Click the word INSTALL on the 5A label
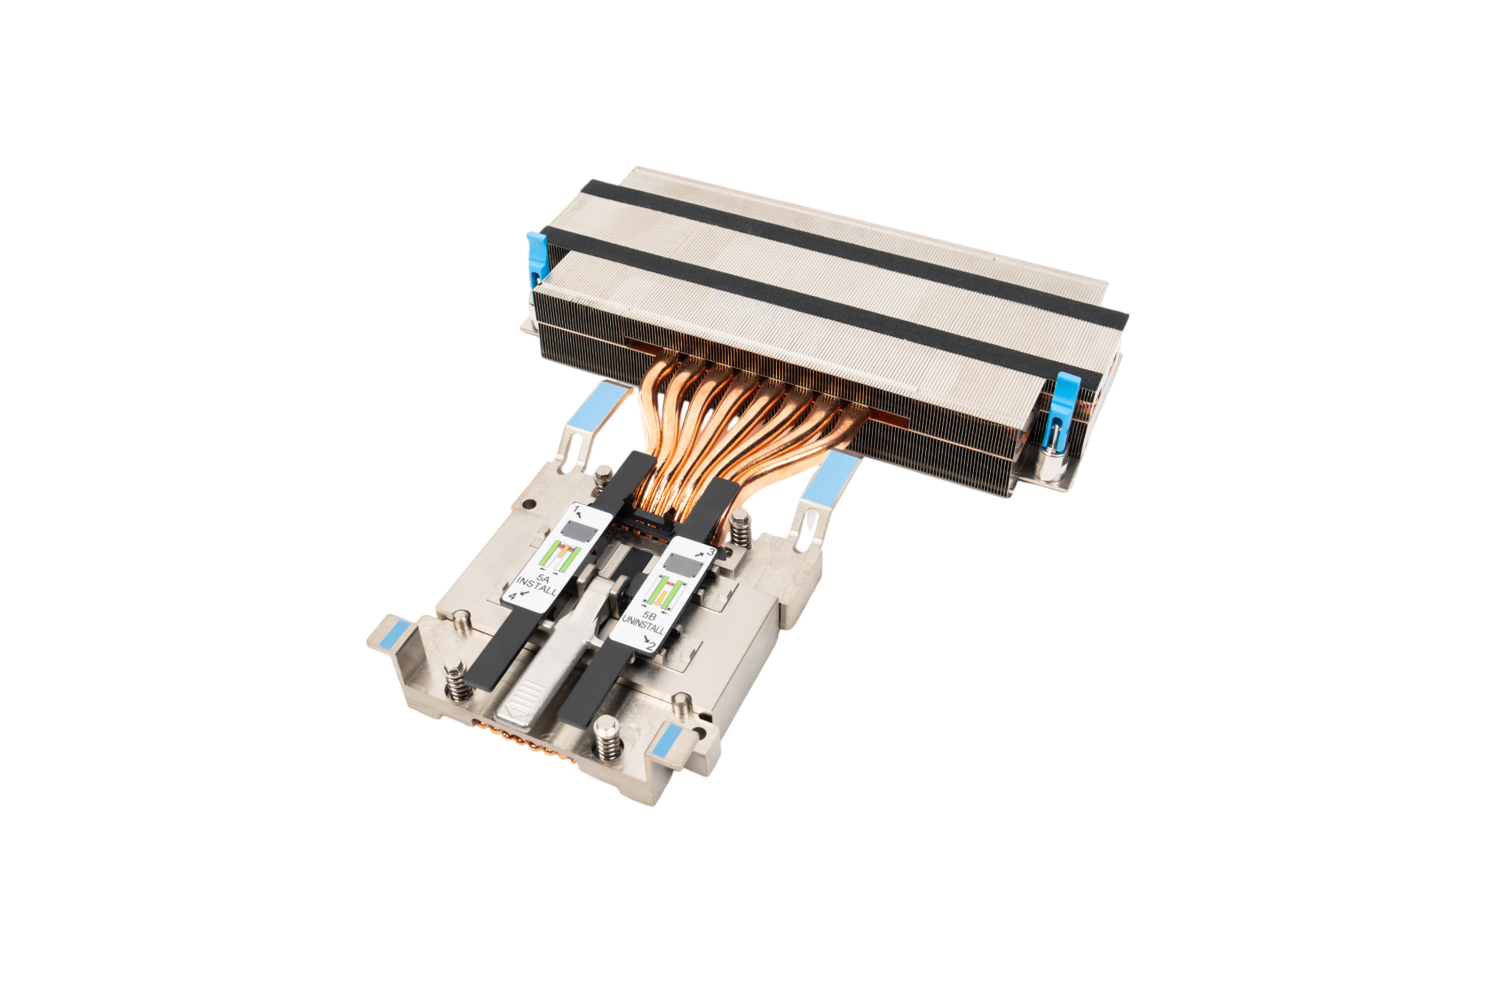[x=537, y=586]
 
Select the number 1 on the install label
[x=576, y=509]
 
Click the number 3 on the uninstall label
[x=710, y=551]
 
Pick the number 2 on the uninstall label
[x=651, y=647]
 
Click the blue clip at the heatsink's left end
[x=536, y=259]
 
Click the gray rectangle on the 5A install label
[x=578, y=531]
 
